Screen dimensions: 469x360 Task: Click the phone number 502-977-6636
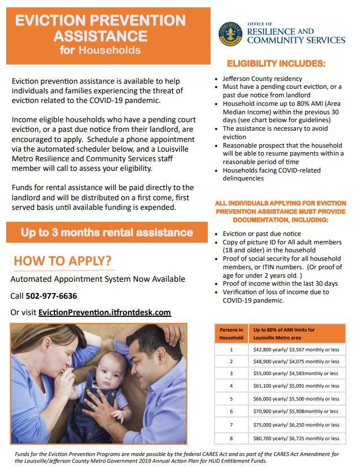(51, 296)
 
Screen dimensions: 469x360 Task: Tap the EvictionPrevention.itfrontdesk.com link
(104, 312)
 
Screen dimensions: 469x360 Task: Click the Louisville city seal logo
(230, 34)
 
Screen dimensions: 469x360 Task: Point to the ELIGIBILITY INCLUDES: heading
(276, 63)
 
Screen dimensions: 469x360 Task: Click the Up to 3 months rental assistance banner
(107, 233)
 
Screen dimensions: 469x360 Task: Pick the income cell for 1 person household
(296, 349)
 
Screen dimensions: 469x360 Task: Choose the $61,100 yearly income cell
(296, 386)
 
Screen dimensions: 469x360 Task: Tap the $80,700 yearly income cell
(296, 438)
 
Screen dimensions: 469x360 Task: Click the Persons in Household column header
(231, 334)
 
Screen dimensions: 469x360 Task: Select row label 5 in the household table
(231, 399)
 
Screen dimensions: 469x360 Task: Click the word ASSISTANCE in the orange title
(100, 36)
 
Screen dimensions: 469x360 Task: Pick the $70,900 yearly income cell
(296, 412)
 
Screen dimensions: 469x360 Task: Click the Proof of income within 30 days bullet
(280, 283)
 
